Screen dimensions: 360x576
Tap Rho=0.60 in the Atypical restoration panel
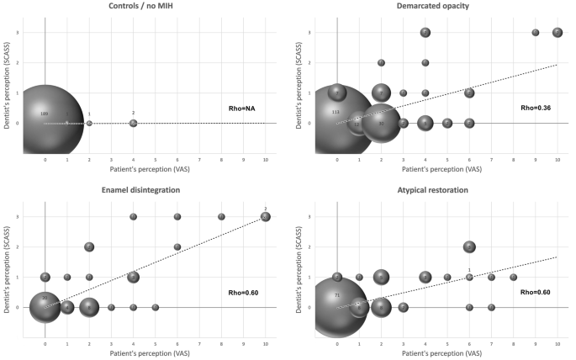tap(536, 292)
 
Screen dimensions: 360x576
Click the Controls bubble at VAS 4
tap(133, 123)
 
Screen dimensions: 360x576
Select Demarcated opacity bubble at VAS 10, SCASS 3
tap(557, 32)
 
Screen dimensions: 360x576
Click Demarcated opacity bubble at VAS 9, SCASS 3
tap(535, 32)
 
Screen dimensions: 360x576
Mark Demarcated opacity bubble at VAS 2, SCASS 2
tap(381, 62)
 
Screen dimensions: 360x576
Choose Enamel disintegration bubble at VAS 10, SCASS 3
tap(265, 216)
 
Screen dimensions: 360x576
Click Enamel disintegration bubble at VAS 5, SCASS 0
tap(155, 307)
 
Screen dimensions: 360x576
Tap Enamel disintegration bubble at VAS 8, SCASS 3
tap(221, 216)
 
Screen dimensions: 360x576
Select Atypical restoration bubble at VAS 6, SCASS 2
tap(469, 246)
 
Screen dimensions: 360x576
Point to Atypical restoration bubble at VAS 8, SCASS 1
tap(513, 277)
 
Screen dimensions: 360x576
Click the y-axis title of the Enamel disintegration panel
tap(7, 262)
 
